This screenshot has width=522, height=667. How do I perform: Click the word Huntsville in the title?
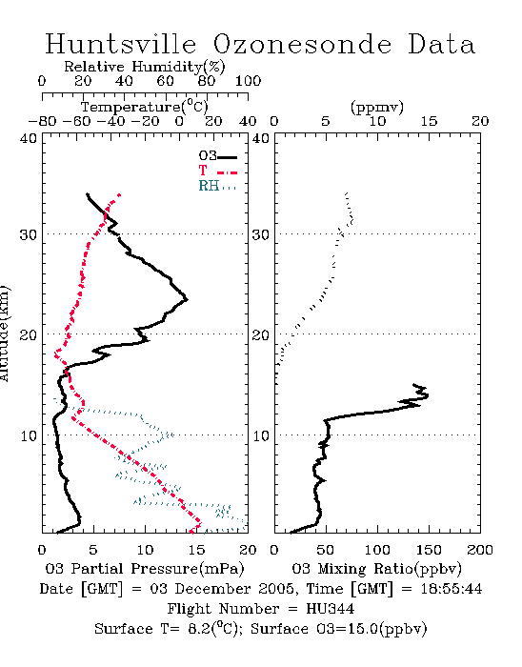click(121, 44)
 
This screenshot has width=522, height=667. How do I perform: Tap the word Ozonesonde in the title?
click(302, 44)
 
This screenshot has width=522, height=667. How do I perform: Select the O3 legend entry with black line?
click(217, 156)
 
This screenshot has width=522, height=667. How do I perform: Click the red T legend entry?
click(217, 171)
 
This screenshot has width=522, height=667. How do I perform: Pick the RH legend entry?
click(217, 186)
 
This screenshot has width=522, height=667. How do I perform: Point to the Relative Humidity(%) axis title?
click(145, 67)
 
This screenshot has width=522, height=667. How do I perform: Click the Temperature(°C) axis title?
click(145, 107)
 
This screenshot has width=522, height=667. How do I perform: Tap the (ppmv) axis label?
click(377, 108)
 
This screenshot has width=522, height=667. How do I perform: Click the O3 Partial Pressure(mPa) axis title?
click(145, 569)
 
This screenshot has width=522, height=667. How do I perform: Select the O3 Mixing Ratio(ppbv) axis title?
click(376, 569)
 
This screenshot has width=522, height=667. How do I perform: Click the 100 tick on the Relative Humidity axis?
click(248, 81)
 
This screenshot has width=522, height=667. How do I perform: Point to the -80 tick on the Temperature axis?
click(42, 121)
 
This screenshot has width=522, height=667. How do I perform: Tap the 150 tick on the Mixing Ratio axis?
click(429, 550)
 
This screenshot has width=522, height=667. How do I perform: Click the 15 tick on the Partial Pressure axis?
click(196, 550)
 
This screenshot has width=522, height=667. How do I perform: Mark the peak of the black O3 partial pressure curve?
click(187, 299)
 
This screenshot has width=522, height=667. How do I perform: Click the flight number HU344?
click(330, 609)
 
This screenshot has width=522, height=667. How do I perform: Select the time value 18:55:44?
click(452, 589)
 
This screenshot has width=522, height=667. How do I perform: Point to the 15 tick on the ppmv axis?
click(429, 121)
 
